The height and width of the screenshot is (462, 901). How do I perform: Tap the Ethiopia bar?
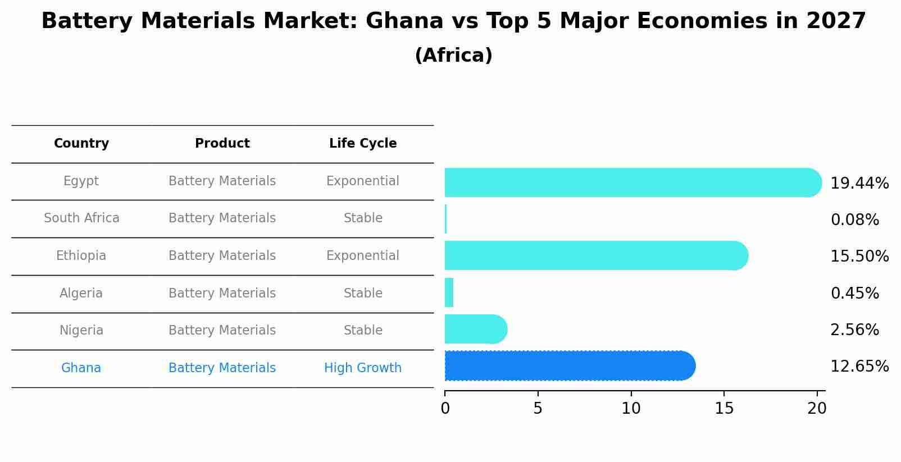pyautogui.click(x=595, y=255)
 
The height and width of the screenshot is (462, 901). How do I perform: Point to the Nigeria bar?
pyautogui.click(x=475, y=329)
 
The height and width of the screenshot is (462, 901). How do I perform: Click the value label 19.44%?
pyautogui.click(x=859, y=184)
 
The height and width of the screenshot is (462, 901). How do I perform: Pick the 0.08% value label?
pyautogui.click(x=854, y=220)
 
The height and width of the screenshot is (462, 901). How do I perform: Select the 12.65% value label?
pyautogui.click(x=859, y=367)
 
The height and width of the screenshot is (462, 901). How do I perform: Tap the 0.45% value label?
pyautogui.click(x=854, y=294)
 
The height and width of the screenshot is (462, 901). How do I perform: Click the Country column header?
pyautogui.click(x=81, y=144)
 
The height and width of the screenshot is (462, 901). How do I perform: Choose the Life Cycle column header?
pyautogui.click(x=363, y=144)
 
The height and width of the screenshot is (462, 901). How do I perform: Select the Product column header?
pyautogui.click(x=222, y=144)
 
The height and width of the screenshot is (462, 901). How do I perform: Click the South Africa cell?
pyautogui.click(x=81, y=218)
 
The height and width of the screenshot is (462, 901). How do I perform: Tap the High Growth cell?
pyautogui.click(x=363, y=368)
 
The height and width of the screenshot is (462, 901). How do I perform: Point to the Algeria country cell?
pyautogui.click(x=81, y=294)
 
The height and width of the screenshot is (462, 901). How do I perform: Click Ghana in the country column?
pyautogui.click(x=81, y=368)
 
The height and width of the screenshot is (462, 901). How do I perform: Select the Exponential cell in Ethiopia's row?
pyautogui.click(x=363, y=256)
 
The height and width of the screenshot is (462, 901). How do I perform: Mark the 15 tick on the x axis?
pyautogui.click(x=724, y=409)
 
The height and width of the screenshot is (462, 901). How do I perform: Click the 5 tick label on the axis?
pyautogui.click(x=538, y=409)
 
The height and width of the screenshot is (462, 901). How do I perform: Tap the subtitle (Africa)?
pyautogui.click(x=453, y=56)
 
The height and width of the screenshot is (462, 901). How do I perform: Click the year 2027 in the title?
pyautogui.click(x=836, y=21)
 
